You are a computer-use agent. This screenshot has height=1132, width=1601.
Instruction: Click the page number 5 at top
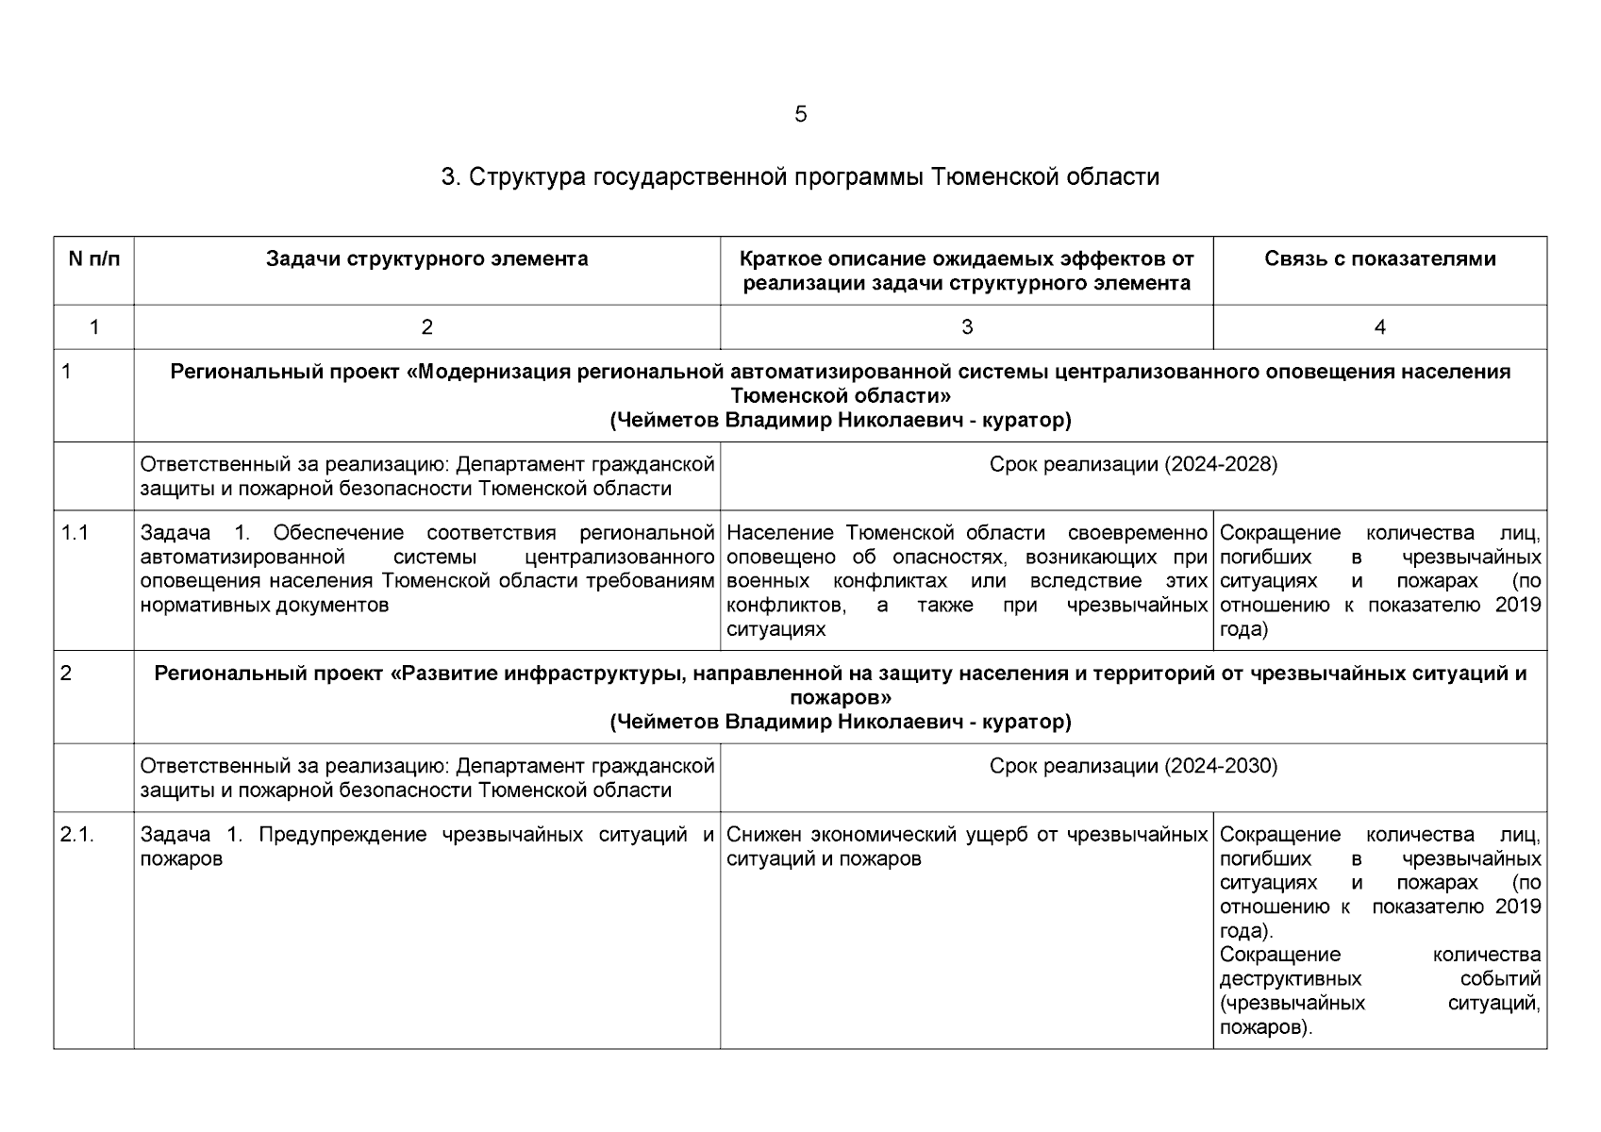[800, 115]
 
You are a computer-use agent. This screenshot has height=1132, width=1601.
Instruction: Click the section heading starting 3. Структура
[800, 177]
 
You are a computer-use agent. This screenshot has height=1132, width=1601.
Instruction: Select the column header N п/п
[94, 259]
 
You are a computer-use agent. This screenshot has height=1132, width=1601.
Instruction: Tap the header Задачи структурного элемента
[426, 259]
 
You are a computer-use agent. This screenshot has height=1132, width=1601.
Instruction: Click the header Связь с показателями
[1379, 259]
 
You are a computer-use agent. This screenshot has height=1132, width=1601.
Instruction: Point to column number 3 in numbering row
[966, 327]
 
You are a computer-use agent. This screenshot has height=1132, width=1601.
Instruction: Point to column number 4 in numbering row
[1379, 327]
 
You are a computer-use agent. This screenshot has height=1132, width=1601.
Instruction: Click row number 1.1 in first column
[75, 533]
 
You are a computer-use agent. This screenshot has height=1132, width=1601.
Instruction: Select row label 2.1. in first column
[77, 835]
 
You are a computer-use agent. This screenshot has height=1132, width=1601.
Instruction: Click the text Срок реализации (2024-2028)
[1133, 464]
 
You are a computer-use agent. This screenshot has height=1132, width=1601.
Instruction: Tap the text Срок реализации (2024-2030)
[1133, 766]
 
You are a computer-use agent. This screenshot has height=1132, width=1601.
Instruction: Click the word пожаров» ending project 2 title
[840, 698]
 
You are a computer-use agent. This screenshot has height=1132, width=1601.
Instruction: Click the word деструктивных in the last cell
[1290, 979]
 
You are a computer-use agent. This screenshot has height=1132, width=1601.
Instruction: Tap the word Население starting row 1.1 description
[782, 533]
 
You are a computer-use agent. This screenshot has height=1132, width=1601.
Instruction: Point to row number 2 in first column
[66, 674]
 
